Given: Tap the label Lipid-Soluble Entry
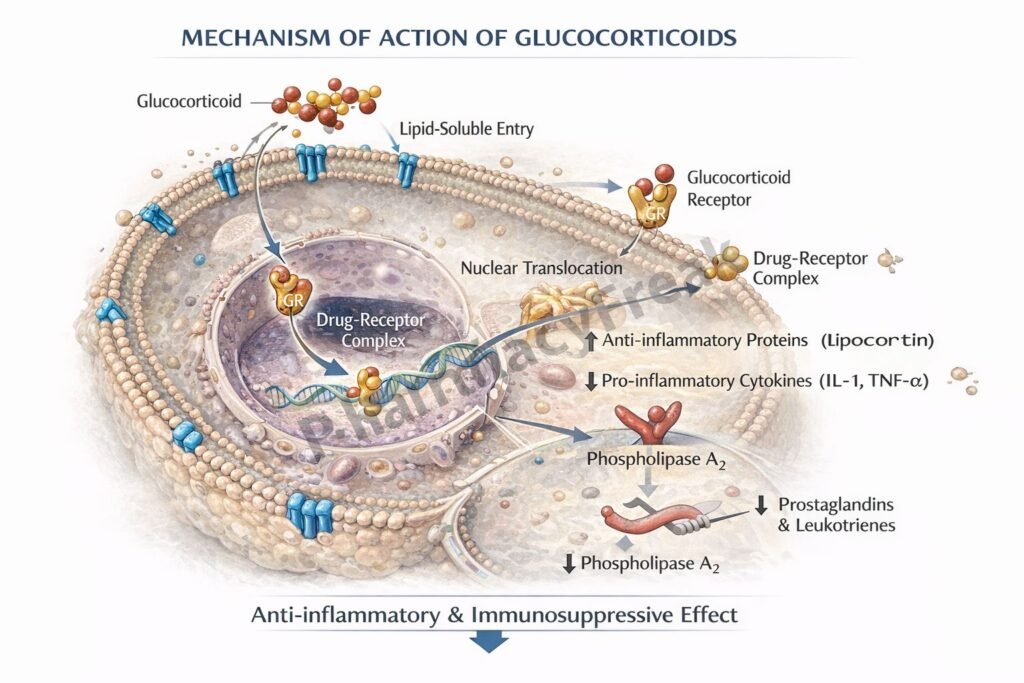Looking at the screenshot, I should (466, 129).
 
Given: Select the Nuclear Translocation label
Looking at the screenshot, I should (541, 268).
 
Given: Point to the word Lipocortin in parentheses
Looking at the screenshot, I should (877, 340).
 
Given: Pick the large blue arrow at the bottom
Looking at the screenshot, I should (489, 641).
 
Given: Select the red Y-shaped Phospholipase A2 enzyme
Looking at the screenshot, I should (652, 424).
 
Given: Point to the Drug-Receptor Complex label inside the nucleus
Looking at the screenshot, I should (370, 331).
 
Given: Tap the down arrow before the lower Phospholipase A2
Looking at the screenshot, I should (569, 563).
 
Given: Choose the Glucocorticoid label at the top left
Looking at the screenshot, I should (189, 101).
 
